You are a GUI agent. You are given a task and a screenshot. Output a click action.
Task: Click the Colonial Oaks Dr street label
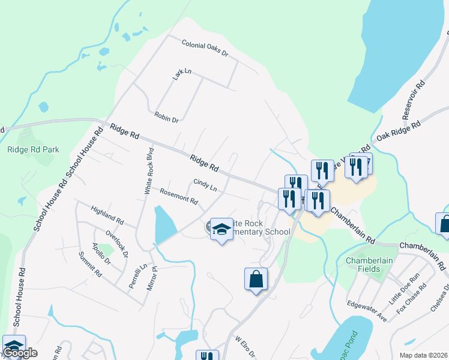pos(205,49)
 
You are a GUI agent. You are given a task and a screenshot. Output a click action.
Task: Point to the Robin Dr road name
pos(167,117)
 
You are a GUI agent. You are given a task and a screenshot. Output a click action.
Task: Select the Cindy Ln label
pos(205,185)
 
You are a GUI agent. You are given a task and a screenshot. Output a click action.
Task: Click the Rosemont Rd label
pos(179,196)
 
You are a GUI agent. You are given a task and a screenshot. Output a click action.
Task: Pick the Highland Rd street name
pos(107,213)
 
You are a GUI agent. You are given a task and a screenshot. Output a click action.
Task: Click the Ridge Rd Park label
pos(33,149)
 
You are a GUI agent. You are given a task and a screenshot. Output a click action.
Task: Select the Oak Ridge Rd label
pos(398,130)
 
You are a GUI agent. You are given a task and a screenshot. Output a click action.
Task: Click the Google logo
pos(20,353)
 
